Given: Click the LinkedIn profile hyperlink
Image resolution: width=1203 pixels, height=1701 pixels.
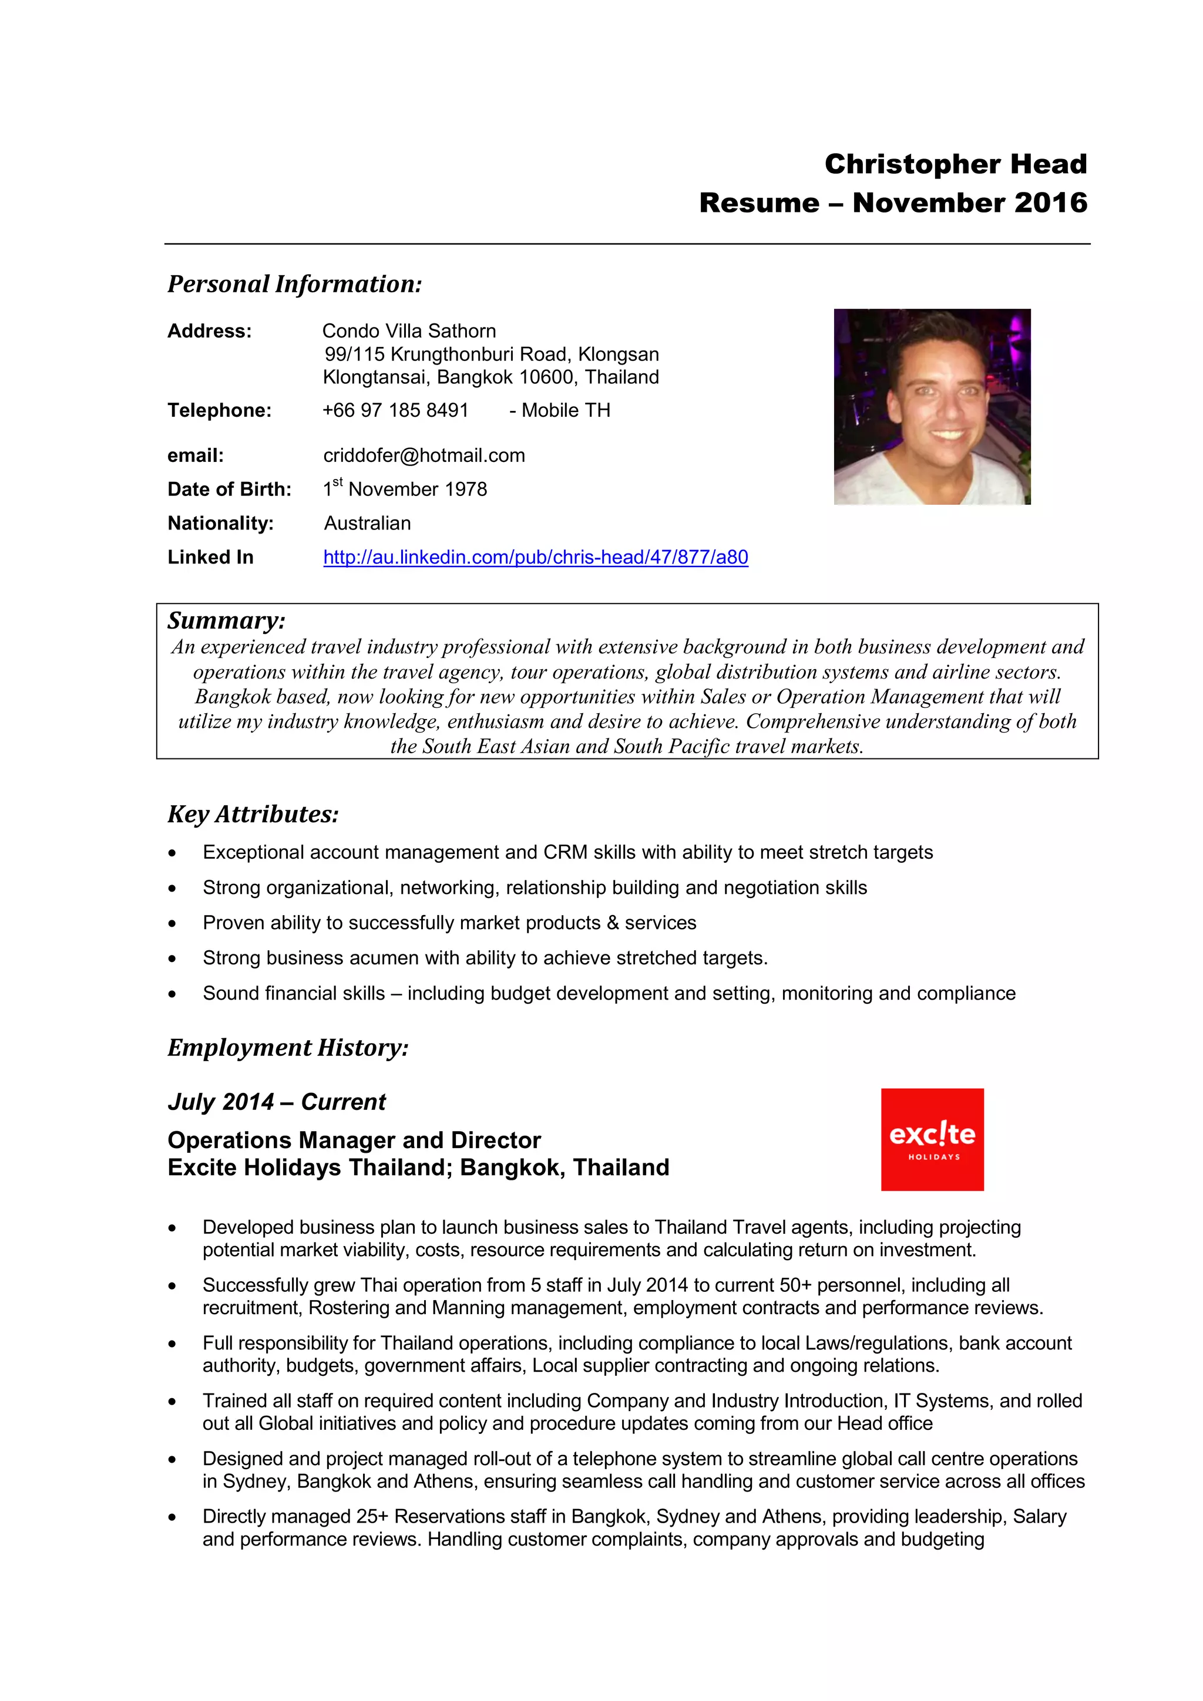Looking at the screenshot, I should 535,557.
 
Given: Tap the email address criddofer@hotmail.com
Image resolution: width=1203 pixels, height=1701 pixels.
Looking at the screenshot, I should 424,455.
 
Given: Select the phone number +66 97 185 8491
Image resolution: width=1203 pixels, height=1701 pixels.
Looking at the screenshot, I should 395,410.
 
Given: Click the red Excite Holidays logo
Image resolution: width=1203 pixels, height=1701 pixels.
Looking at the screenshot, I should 932,1139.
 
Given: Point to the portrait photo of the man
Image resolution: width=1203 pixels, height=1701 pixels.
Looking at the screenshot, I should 932,407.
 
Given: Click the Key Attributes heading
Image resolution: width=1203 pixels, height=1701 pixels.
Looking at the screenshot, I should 253,814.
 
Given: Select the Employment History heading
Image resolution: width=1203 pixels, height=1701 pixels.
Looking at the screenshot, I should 288,1048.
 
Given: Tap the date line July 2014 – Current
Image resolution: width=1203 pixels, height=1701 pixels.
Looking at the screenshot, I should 277,1102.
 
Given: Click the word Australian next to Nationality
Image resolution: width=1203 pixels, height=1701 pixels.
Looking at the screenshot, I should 367,524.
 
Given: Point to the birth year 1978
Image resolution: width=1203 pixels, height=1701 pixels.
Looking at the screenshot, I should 466,490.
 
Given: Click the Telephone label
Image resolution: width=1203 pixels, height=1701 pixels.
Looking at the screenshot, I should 220,410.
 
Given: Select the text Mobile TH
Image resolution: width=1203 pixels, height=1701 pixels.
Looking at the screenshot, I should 566,410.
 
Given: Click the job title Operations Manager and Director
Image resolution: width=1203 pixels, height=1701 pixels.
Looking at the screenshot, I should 354,1140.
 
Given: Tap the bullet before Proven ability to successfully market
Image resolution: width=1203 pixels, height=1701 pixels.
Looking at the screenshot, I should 172,924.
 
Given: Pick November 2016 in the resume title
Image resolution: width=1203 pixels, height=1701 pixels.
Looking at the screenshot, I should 970,203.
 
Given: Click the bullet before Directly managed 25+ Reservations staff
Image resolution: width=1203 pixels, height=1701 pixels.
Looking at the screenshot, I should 172,1517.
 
